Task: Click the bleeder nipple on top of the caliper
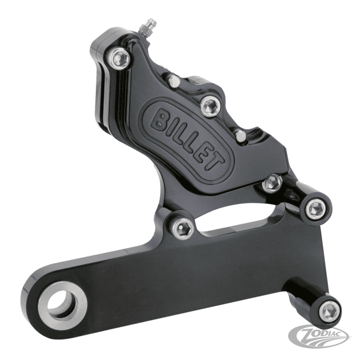[148, 26]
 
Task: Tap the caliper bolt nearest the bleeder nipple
[119, 58]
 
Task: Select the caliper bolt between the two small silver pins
[210, 105]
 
